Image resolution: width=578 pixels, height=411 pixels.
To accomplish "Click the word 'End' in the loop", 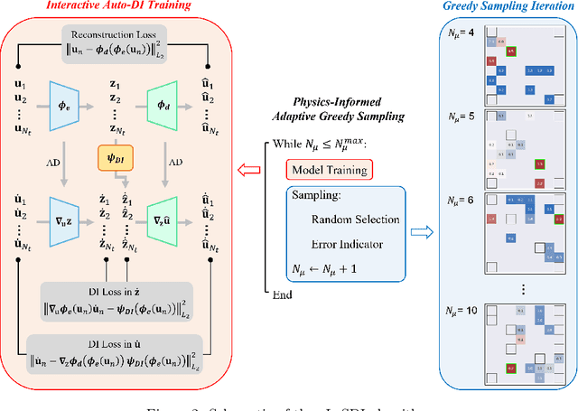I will pos(284,294).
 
